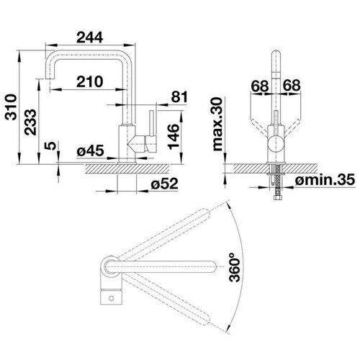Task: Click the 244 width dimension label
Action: tap(90, 37)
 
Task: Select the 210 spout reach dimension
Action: tap(90, 81)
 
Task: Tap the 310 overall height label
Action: tap(12, 107)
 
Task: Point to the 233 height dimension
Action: tap(30, 122)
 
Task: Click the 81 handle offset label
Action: tap(179, 97)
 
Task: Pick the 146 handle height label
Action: tap(174, 137)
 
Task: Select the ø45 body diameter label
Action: tap(91, 150)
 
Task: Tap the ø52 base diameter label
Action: tap(165, 184)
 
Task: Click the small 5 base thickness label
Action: tap(50, 145)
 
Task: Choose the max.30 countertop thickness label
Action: tap(218, 124)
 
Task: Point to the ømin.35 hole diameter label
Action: tap(325, 179)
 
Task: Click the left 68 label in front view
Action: tap(260, 86)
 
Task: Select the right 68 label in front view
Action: tap(292, 85)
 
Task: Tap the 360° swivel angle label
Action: tap(235, 267)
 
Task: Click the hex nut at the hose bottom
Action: tap(277, 198)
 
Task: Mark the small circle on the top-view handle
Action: tap(111, 298)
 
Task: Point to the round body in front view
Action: tap(276, 143)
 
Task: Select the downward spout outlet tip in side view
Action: tap(50, 78)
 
